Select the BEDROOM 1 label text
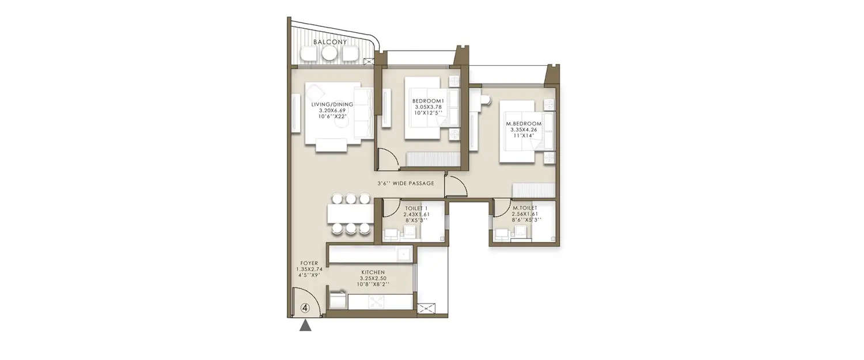pos(427,107)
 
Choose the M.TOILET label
pos(524,214)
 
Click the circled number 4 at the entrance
pos(306,308)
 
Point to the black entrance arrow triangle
pos(306,326)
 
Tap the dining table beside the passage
pos(350,214)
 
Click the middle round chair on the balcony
pos(329,54)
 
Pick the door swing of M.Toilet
pos(501,207)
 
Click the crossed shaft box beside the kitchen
pos(426,309)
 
